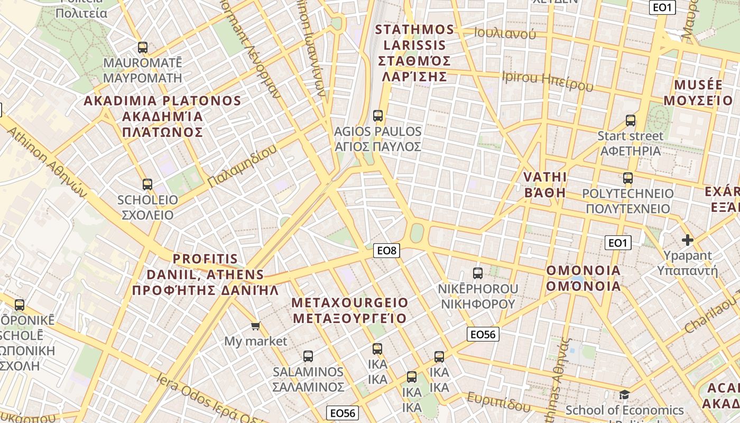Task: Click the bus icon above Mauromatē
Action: [x=142, y=48]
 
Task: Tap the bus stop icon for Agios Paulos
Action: [x=377, y=116]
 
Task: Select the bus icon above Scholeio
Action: [x=147, y=185]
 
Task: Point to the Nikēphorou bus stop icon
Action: [x=478, y=273]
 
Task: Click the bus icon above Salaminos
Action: [x=308, y=356]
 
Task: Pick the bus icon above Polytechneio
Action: [x=627, y=178]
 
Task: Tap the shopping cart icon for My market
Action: [x=256, y=326]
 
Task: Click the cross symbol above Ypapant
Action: [x=687, y=241]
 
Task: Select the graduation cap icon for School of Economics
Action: [x=624, y=395]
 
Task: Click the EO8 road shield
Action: [x=386, y=251]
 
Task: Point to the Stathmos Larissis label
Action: [x=414, y=53]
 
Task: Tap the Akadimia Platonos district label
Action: [x=162, y=116]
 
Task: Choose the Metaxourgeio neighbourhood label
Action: [x=350, y=310]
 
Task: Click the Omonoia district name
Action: [x=583, y=278]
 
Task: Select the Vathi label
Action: [x=545, y=184]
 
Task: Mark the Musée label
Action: [x=697, y=93]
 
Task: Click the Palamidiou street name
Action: [x=242, y=165]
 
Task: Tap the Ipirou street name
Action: [x=548, y=81]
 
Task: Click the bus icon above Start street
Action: [x=630, y=121]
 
